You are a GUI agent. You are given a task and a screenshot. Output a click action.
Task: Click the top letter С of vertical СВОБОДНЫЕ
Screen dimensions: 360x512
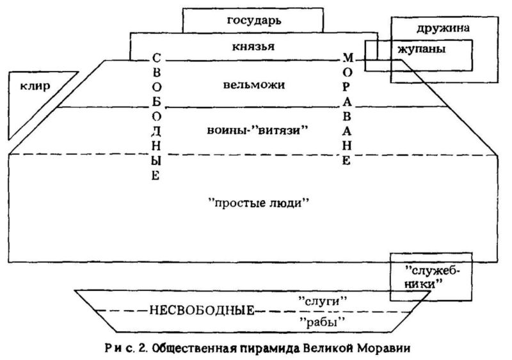(157, 58)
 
